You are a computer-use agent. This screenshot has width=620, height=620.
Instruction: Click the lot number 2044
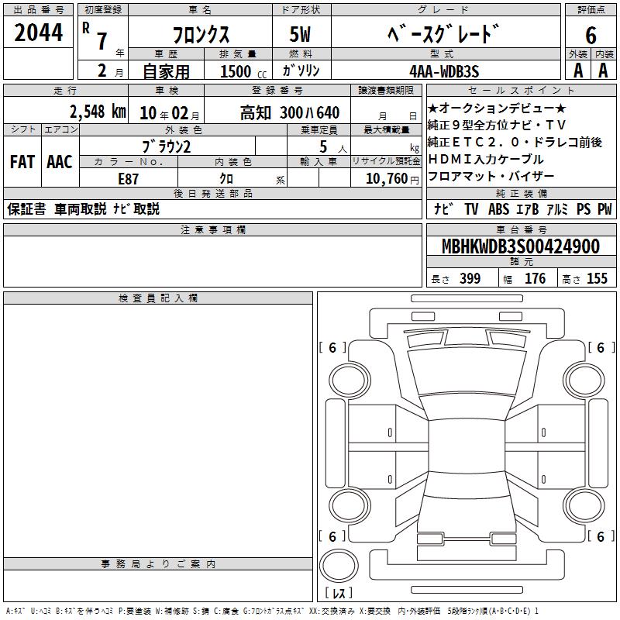point(38,33)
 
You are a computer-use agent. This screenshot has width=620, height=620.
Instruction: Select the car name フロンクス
point(201,35)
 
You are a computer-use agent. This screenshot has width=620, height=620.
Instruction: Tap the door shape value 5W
point(300,34)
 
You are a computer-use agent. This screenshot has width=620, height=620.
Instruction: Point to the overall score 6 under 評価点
point(591,35)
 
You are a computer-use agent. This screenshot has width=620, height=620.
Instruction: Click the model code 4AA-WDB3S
point(444,71)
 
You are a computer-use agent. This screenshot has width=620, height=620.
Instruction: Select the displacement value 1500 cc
point(243,71)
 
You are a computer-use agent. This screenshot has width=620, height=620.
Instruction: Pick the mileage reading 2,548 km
point(98,112)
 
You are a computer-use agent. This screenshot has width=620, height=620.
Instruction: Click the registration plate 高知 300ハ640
point(290,113)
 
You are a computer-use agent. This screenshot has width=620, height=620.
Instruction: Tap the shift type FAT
point(22,162)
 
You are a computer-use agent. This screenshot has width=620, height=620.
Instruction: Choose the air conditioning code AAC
point(60,162)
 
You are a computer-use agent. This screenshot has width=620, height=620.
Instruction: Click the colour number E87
point(128,179)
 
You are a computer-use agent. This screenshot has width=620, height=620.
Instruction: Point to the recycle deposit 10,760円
point(392,179)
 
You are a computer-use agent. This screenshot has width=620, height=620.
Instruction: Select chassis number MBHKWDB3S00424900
point(521,246)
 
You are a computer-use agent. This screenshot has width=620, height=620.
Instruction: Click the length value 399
point(470,278)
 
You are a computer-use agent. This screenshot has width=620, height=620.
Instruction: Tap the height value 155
point(597,278)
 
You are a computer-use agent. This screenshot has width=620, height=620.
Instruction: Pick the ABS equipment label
point(498,209)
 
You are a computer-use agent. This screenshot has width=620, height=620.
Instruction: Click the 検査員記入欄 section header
point(158,298)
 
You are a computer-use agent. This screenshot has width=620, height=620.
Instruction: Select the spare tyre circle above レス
point(339,565)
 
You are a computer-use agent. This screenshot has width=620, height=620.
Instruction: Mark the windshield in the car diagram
point(467,372)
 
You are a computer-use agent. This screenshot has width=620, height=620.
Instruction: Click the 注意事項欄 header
point(213,229)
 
